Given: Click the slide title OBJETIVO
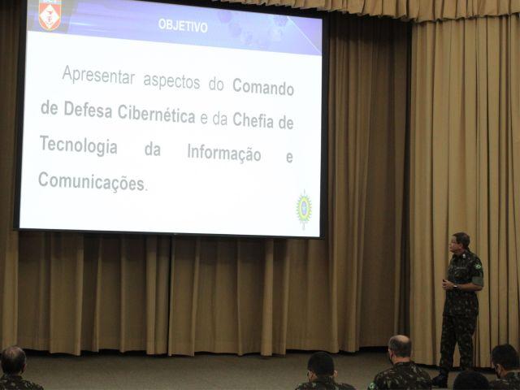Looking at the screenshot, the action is (183, 25).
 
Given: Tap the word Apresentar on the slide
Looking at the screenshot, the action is (98, 76).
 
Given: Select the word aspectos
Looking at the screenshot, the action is (171, 81).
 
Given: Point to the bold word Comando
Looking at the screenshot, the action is (263, 87).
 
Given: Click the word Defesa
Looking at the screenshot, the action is (88, 110).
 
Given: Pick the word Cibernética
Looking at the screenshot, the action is (157, 114).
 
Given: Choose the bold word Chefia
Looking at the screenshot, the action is (253, 120).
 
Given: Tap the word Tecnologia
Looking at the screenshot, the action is (79, 146).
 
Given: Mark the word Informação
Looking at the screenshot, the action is (224, 154).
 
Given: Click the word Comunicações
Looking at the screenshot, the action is (92, 182).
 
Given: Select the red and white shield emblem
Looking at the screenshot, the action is (50, 15).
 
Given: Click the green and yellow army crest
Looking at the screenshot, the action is (304, 209).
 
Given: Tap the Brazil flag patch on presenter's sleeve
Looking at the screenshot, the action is (478, 266).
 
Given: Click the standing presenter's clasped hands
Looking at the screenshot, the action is (448, 284).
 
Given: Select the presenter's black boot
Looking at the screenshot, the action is (440, 380).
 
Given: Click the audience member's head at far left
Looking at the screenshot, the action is (13, 361).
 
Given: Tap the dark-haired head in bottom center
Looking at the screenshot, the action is (321, 366).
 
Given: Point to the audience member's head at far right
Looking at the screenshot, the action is (505, 359).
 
